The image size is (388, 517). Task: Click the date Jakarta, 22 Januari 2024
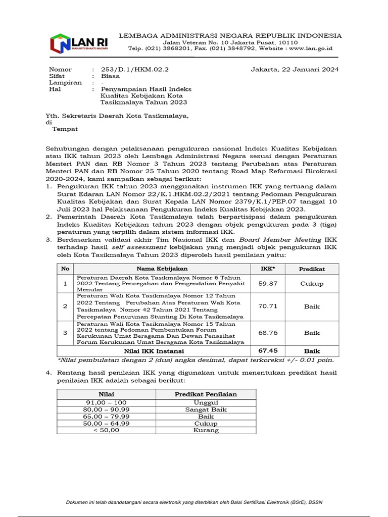[295, 69]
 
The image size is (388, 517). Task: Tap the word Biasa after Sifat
[110, 76]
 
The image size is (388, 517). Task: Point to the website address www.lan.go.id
[311, 48]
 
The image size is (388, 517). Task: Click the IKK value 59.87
[268, 284]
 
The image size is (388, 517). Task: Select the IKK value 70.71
[268, 306]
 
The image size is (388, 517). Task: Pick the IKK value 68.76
[268, 333]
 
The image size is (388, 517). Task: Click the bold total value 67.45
[268, 350]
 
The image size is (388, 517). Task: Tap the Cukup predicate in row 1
[312, 284]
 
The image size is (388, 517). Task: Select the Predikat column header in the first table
[312, 269]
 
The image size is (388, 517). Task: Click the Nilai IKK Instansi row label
[154, 350]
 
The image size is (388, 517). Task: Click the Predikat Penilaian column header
[206, 394]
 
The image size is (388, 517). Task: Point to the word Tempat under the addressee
[65, 129]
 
